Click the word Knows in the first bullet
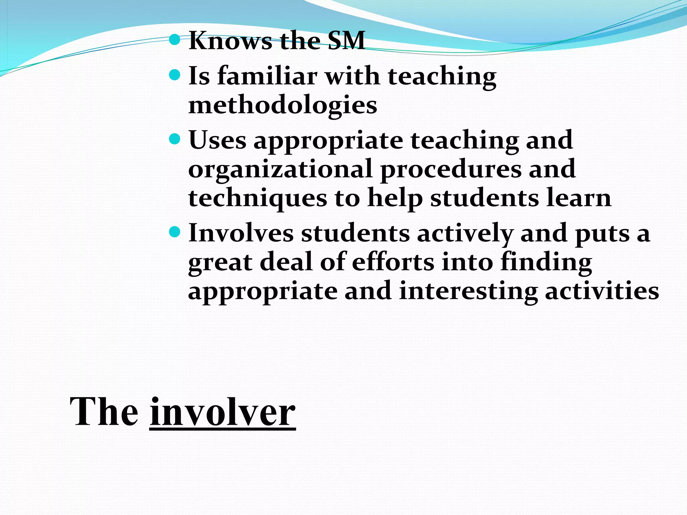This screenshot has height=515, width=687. (230, 41)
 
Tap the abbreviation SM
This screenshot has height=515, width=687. (346, 41)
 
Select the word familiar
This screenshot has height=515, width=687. (267, 76)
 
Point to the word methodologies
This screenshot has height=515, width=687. (282, 105)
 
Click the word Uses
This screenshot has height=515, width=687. (217, 140)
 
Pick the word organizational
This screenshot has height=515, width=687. (280, 169)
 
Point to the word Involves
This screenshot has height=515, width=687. (241, 233)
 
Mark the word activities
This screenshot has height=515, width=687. (602, 291)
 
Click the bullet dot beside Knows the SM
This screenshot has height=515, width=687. (175, 40)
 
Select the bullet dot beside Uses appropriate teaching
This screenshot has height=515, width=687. (175, 138)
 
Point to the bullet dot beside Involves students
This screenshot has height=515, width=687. (175, 232)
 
